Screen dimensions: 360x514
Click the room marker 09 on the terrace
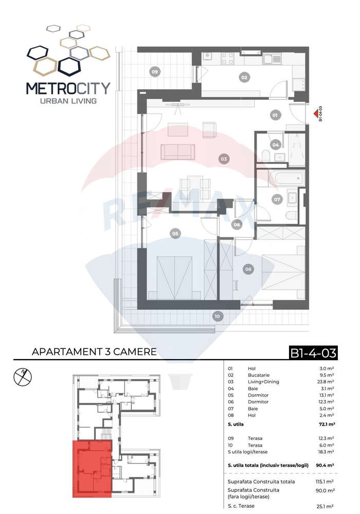[x=155, y=72]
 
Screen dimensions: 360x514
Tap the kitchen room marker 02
[x=244, y=77]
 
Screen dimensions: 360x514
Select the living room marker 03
[x=224, y=159]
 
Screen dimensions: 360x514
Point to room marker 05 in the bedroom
[x=175, y=234]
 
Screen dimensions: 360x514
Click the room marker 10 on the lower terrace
[x=217, y=316]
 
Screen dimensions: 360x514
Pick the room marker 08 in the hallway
[x=237, y=224]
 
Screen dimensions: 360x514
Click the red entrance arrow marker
[x=315, y=114]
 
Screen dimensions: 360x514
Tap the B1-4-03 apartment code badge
[x=313, y=353]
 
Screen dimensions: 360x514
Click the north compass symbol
[x=23, y=376]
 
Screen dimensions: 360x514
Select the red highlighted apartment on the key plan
[x=92, y=469]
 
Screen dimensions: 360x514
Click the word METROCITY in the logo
[x=68, y=88]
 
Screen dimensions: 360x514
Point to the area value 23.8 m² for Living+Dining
[x=326, y=382]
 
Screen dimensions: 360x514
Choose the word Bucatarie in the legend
[x=259, y=375]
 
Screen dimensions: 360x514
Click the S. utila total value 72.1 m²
[x=327, y=424]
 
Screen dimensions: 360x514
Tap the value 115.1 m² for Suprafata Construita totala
[x=325, y=482]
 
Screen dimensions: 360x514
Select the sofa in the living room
[x=178, y=152]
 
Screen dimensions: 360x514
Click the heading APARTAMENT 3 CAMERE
[x=94, y=352]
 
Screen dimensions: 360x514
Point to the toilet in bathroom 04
[x=266, y=156]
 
